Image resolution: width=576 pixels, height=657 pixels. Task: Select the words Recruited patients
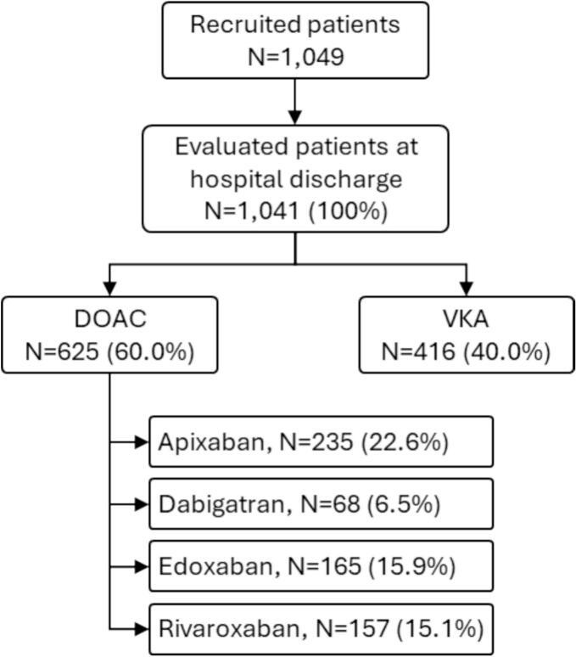[x=294, y=24]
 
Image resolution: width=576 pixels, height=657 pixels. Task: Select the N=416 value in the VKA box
[x=419, y=351]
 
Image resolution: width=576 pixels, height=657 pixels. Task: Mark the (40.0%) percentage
[x=503, y=351]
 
